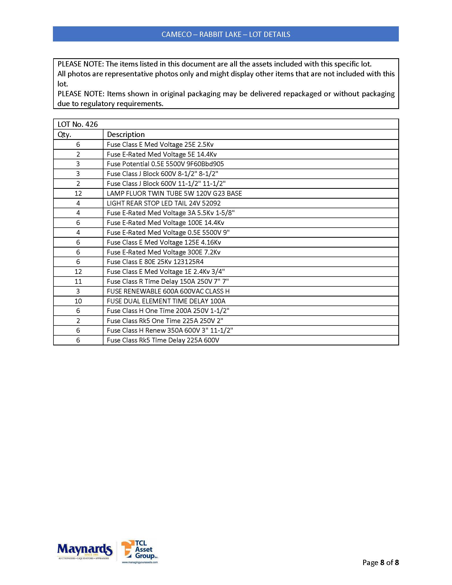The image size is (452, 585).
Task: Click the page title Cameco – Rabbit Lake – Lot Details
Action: tap(226, 34)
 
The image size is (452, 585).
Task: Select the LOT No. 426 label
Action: tap(78, 124)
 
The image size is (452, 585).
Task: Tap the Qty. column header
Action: tap(64, 135)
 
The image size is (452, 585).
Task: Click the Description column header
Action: tap(125, 135)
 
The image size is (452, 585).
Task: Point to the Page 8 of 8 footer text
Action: tap(380, 562)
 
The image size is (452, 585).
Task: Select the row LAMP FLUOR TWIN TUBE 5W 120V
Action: tap(174, 193)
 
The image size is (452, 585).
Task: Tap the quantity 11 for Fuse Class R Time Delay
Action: tap(78, 282)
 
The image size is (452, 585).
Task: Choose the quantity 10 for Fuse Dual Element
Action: tap(78, 301)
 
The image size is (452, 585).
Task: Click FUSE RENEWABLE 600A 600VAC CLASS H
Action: tap(168, 291)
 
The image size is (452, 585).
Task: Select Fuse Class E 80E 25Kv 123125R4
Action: tap(155, 262)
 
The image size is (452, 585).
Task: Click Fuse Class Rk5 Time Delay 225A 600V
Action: tap(163, 340)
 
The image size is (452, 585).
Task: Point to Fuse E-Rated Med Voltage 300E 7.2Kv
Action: tap(163, 252)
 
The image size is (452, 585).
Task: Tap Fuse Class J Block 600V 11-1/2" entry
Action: tap(166, 184)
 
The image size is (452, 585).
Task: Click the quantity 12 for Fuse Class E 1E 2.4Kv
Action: tap(78, 271)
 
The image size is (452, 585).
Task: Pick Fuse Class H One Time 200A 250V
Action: tap(168, 311)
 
